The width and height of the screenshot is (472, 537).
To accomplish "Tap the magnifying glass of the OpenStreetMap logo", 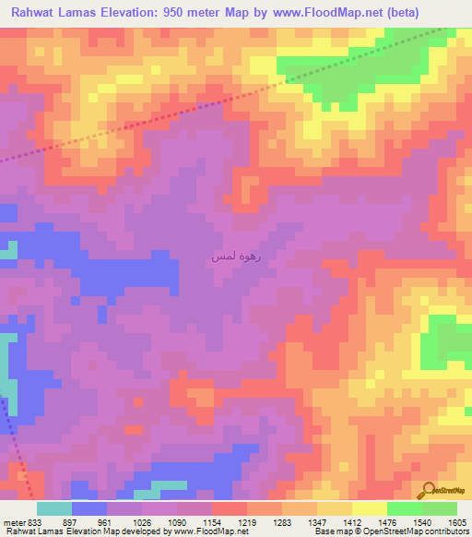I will pyautogui.click(x=426, y=491).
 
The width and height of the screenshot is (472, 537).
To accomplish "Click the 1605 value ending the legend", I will pyautogui.click(x=456, y=521).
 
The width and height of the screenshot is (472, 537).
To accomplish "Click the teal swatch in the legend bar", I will pyautogui.click(x=54, y=508).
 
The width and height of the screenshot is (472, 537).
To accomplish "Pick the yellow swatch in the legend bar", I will pyautogui.click(x=369, y=508).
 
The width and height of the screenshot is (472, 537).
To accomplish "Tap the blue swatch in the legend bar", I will pyautogui.click(x=89, y=508).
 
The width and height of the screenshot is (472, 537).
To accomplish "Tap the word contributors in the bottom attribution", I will pyautogui.click(x=447, y=531).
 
